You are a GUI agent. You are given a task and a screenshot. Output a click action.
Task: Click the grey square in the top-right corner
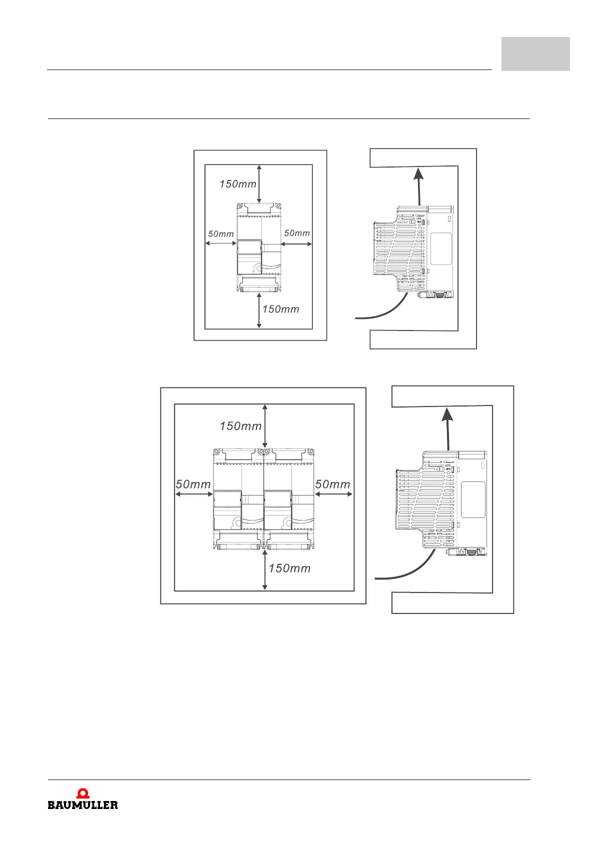pyautogui.click(x=535, y=54)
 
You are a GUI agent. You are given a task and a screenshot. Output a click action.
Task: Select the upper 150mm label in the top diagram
pyautogui.click(x=238, y=184)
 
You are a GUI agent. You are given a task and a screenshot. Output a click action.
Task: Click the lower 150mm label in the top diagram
pyautogui.click(x=281, y=309)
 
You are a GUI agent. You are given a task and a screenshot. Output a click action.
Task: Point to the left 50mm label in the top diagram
pyautogui.click(x=221, y=234)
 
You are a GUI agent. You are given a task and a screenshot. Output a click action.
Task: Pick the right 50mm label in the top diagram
pyautogui.click(x=297, y=233)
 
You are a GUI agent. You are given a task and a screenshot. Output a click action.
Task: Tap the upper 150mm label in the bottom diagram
pyautogui.click(x=241, y=426)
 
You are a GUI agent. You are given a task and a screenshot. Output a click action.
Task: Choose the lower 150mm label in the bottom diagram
pyautogui.click(x=290, y=568)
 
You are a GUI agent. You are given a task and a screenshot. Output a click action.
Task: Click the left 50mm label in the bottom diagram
pyautogui.click(x=193, y=484)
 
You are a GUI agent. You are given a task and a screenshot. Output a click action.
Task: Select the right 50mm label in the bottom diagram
pyautogui.click(x=333, y=484)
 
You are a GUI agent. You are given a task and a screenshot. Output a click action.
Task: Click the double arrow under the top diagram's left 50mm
pyautogui.click(x=220, y=243)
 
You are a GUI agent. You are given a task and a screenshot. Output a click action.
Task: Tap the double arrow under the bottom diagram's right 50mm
pyautogui.click(x=333, y=494)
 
